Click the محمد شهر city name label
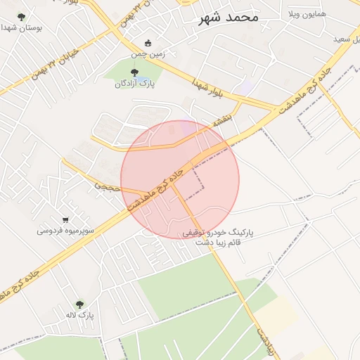(x=229, y=16)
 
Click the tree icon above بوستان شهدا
(x=21, y=16)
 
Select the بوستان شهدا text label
(x=21, y=28)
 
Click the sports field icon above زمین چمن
(x=147, y=43)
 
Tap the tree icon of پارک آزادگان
(x=134, y=71)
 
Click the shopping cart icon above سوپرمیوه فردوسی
(x=65, y=219)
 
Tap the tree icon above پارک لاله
(x=79, y=304)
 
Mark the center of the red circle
(x=180, y=180)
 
